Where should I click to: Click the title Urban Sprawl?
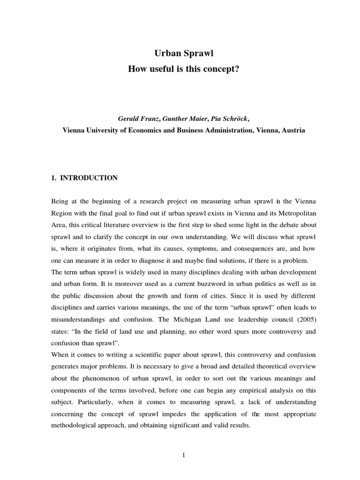180,54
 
